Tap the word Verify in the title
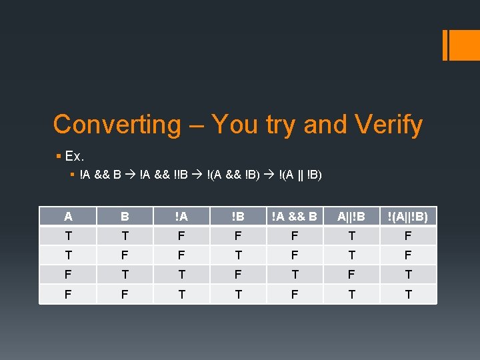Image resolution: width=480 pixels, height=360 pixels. (x=389, y=125)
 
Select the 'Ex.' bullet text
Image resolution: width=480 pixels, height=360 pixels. (x=74, y=157)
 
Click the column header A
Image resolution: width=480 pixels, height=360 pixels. (x=68, y=217)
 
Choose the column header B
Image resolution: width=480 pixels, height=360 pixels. (x=125, y=217)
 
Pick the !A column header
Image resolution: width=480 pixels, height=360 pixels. (x=181, y=217)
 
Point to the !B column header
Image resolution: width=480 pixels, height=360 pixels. (x=237, y=217)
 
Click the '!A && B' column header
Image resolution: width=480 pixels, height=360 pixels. (x=294, y=217)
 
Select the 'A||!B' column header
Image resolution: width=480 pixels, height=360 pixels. (x=351, y=217)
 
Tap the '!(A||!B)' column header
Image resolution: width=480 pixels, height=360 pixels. (x=408, y=217)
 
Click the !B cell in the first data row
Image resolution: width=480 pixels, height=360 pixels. (x=237, y=236)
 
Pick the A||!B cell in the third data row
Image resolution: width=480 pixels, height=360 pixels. (x=351, y=275)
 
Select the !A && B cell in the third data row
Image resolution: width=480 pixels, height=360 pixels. (x=294, y=275)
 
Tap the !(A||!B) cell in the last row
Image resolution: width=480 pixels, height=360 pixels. (x=408, y=294)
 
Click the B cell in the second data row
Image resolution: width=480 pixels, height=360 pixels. (x=125, y=255)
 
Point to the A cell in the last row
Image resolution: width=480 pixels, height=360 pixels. (x=68, y=294)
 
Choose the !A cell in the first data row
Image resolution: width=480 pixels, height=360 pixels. (x=181, y=236)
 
